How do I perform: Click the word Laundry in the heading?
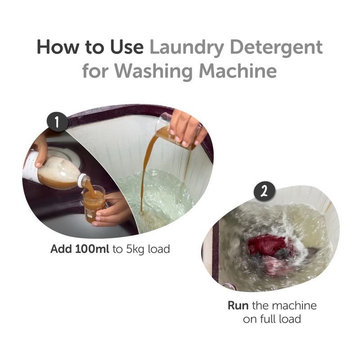tap(187, 48)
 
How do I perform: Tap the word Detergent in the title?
tap(276, 48)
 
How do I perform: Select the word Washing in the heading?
tap(153, 71)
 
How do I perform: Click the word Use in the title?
tap(127, 47)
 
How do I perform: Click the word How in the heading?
tap(58, 47)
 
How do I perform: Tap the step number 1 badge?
tap(58, 121)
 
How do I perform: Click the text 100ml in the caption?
tap(92, 249)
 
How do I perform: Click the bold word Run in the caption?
tap(238, 306)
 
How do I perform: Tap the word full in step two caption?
tap(268, 319)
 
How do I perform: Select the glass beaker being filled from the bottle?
tap(94, 204)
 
